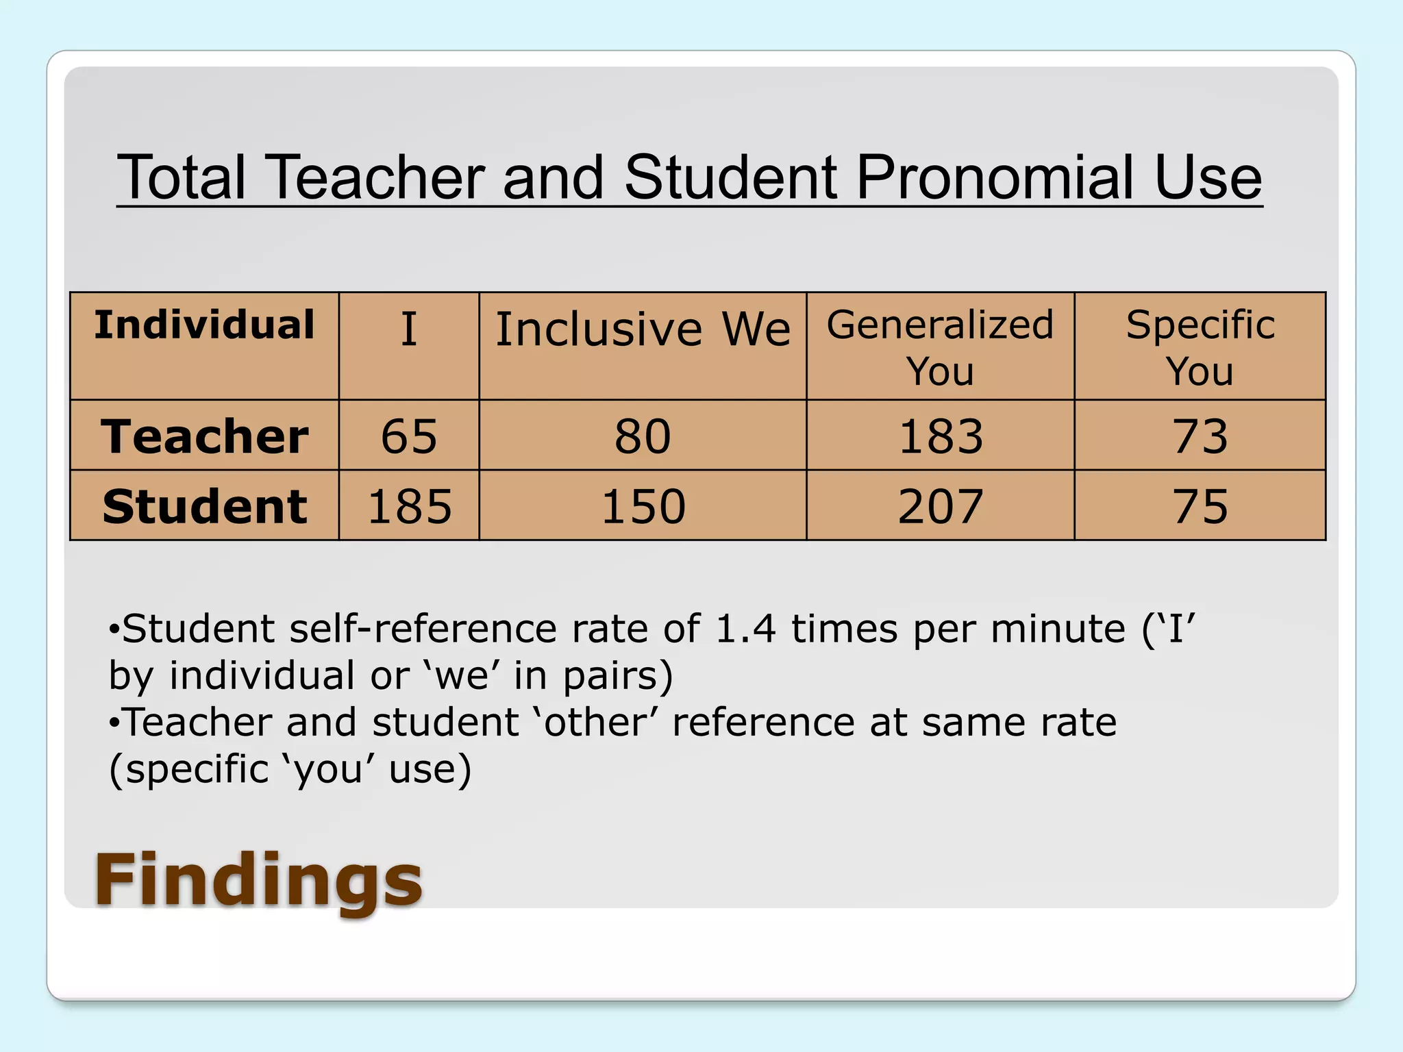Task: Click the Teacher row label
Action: (204, 436)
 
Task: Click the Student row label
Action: (204, 507)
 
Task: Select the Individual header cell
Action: (204, 325)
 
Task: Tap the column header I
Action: (409, 329)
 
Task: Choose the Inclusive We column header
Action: (643, 329)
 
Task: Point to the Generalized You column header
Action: (940, 347)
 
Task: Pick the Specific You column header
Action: (1200, 347)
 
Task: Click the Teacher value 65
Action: (409, 436)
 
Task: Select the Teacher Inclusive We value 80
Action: (643, 436)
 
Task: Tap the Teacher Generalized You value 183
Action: (941, 436)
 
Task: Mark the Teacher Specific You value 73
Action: (1200, 436)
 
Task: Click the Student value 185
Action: (410, 507)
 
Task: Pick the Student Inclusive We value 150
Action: (643, 507)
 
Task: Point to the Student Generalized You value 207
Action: (941, 507)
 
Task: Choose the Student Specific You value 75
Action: (1200, 507)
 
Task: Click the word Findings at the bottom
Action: (258, 879)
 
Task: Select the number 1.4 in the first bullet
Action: (745, 629)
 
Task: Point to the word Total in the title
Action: (182, 177)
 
